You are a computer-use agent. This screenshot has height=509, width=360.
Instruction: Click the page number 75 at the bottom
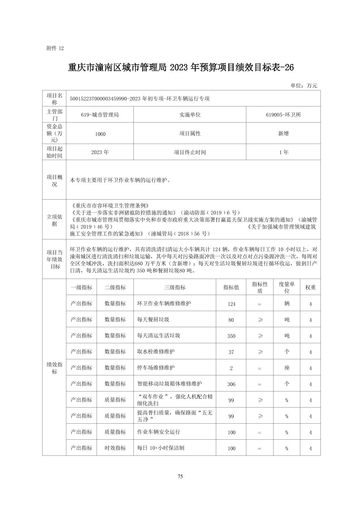point(180,477)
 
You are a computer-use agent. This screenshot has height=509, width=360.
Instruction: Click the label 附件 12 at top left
point(55,48)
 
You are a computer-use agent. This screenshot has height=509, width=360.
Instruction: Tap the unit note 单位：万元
point(304,86)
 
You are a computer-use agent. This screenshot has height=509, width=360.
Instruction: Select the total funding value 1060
point(100,134)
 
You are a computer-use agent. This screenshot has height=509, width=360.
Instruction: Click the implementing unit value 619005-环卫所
point(283,115)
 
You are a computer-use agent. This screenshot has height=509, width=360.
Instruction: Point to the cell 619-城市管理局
point(100,115)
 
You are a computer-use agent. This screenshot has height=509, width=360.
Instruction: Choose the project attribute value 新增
point(283,133)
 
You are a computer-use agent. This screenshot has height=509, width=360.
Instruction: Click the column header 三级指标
point(175,287)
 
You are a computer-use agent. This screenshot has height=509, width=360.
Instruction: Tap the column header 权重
point(310,287)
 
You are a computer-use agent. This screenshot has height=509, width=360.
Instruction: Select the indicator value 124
point(231,304)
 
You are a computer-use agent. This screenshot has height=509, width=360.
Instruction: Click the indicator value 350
point(231,336)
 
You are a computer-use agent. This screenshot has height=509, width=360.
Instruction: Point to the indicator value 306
point(231,384)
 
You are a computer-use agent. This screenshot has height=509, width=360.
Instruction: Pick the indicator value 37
point(231,352)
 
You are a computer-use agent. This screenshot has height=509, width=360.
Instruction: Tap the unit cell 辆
point(287,303)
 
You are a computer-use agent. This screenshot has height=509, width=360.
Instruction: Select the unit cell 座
point(287,368)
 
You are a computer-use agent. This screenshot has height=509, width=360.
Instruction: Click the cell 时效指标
point(115,448)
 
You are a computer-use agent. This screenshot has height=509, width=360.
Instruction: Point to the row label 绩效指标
point(54,368)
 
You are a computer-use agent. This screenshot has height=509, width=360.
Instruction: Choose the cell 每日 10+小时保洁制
point(161,448)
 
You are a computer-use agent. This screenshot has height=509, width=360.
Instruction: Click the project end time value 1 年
point(284,152)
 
